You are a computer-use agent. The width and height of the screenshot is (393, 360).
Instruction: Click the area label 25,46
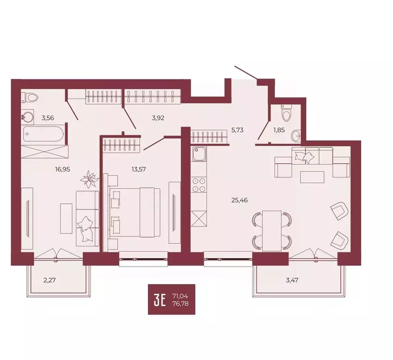click(x=239, y=200)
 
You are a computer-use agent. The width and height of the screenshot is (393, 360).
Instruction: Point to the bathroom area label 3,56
click(x=47, y=118)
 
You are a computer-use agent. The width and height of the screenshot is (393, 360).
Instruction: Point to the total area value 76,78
click(x=181, y=304)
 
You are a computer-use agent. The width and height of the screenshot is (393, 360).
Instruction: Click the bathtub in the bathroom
click(x=43, y=134)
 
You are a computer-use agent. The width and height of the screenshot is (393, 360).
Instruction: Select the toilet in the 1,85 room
click(x=285, y=113)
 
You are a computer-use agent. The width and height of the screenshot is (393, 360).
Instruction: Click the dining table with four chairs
click(x=272, y=230)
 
